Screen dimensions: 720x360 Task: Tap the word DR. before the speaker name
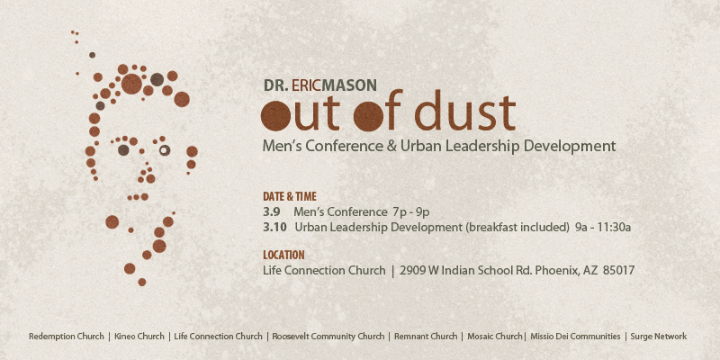click(x=276, y=85)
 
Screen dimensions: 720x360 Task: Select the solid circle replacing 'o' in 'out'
click(x=275, y=116)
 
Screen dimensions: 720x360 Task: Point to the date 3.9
click(x=272, y=212)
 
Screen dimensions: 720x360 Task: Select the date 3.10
click(x=275, y=227)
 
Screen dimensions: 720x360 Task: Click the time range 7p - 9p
click(x=411, y=212)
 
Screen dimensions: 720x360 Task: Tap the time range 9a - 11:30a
click(x=603, y=227)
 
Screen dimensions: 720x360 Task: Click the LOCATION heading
click(x=283, y=256)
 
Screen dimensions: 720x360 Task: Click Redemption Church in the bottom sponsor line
click(x=67, y=337)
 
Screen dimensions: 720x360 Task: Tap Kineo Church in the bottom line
click(x=139, y=337)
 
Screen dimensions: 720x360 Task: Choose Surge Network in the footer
click(x=659, y=337)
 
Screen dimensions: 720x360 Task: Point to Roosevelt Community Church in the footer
click(x=328, y=337)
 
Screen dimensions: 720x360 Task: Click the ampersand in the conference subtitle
click(x=391, y=147)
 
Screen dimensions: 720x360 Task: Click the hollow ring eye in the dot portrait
click(x=165, y=150)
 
